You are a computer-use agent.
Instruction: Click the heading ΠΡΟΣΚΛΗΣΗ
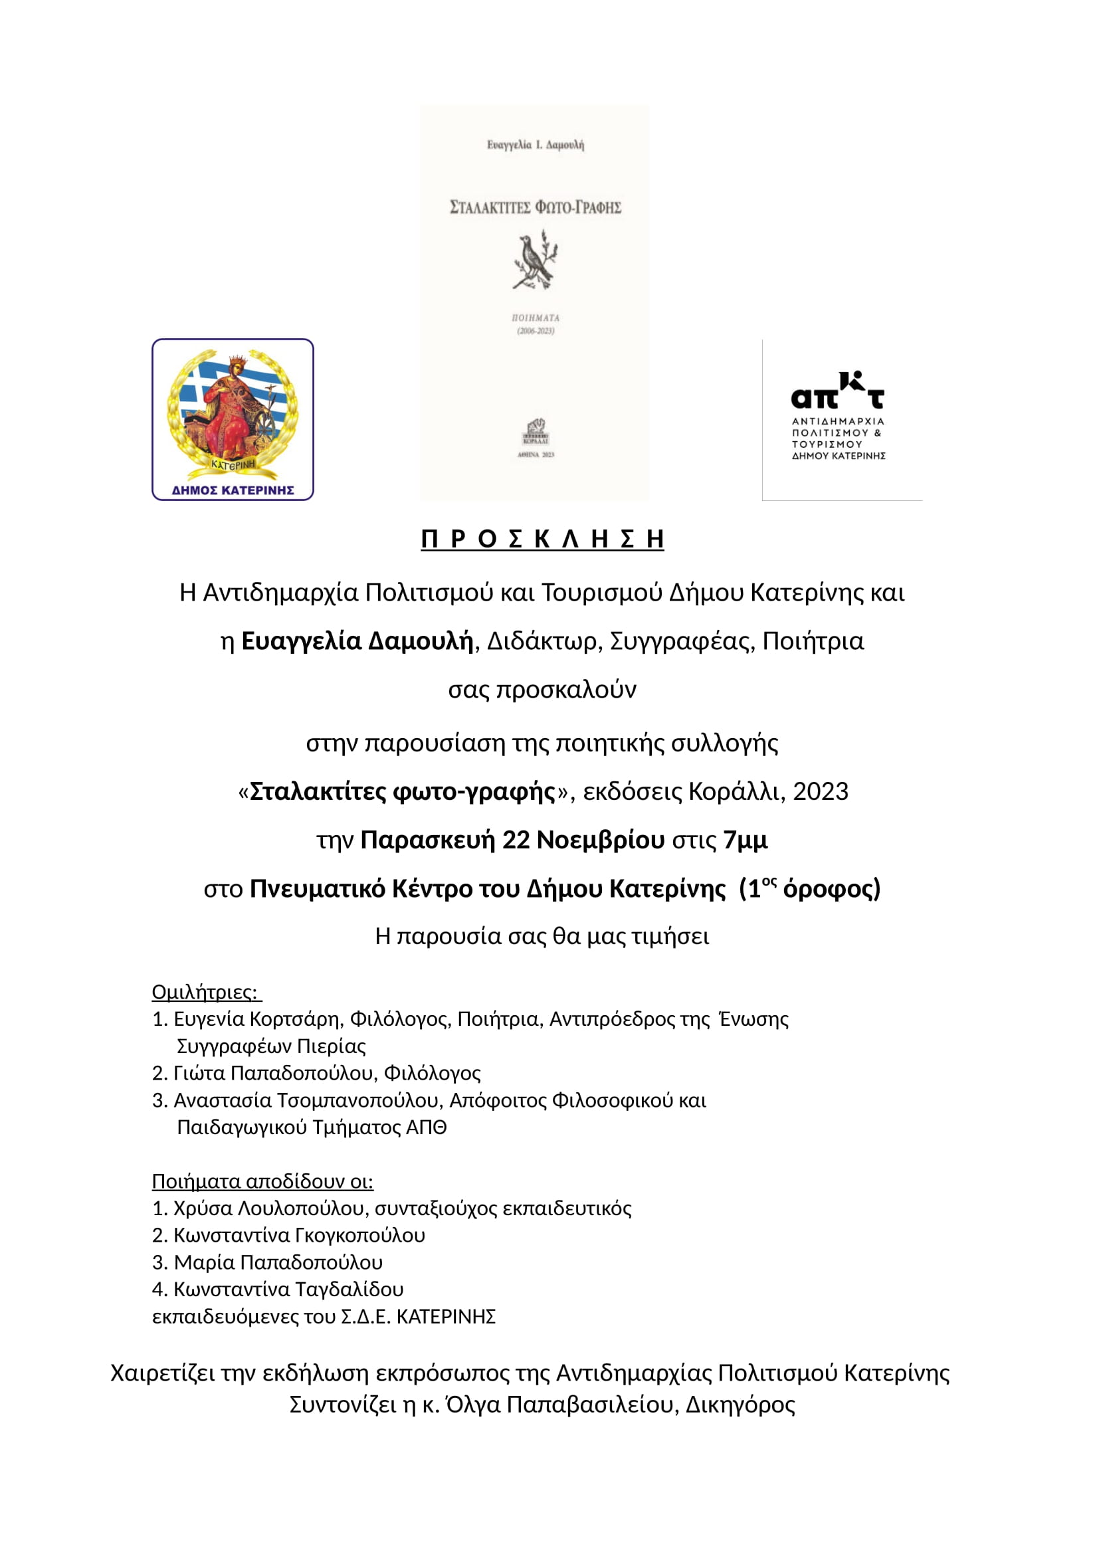pos(542,539)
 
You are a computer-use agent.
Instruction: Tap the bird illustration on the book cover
pos(535,260)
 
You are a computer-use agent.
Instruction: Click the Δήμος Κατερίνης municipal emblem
pos(233,419)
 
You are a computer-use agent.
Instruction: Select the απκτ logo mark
pos(838,392)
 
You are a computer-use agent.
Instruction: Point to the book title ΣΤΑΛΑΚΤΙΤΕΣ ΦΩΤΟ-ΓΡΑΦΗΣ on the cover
pos(536,207)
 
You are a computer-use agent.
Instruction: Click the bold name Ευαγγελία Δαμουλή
pos(357,641)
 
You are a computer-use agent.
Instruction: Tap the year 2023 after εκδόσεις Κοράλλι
pos(820,791)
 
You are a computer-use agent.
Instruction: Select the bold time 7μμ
pos(745,840)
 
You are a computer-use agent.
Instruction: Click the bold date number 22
pos(516,840)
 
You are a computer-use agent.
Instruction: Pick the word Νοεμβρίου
pos(600,840)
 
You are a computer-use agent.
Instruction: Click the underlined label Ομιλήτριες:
pos(205,992)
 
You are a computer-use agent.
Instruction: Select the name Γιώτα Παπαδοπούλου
pos(272,1073)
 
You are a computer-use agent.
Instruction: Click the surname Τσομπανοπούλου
pos(357,1100)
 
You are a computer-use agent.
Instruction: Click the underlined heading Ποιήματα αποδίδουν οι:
pos(262,1182)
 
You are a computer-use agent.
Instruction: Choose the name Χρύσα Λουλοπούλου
pos(269,1208)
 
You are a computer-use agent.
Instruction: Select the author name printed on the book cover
pos(536,146)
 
